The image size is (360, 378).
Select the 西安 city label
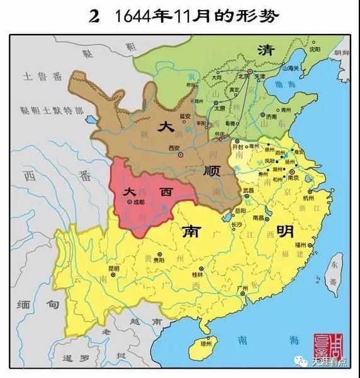click(174, 147)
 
